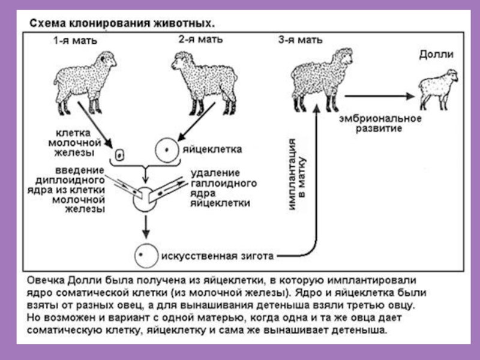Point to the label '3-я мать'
pyautogui.click(x=300, y=40)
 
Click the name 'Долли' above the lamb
pyautogui.click(x=436, y=55)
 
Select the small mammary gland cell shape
pyautogui.click(x=119, y=154)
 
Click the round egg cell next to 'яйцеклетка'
pyautogui.click(x=167, y=149)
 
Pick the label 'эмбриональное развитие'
pyautogui.click(x=377, y=124)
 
